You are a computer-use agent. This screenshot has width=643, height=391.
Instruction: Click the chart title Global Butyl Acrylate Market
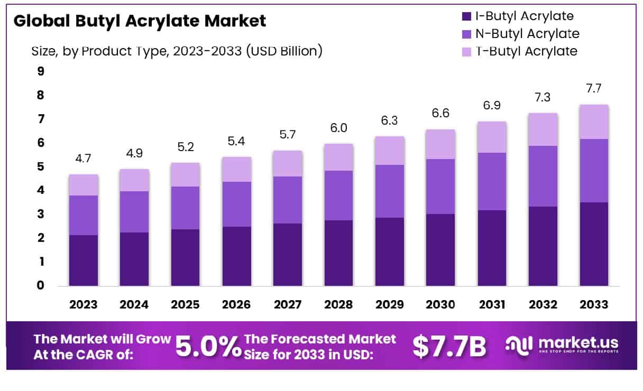140,21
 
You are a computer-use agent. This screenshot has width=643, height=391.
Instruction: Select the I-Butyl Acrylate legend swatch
466,16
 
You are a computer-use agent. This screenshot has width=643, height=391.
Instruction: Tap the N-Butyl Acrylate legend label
527,34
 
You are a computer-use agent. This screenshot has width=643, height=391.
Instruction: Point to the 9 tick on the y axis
41,71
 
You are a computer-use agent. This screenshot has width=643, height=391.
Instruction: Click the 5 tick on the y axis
41,167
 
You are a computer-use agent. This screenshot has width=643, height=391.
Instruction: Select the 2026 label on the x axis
236,305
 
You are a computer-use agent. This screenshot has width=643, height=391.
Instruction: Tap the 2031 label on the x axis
492,305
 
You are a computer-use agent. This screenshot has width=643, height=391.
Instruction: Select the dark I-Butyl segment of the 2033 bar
594,244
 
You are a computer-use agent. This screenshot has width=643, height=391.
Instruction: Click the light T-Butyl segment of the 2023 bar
83,185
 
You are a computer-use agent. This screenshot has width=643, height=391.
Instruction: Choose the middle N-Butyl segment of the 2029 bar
390,191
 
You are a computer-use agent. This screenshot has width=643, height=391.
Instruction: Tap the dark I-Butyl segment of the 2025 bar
185,257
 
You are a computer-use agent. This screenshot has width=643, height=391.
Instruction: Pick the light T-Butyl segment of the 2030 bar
440,144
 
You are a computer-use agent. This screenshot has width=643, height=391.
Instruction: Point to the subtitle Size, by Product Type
177,51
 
